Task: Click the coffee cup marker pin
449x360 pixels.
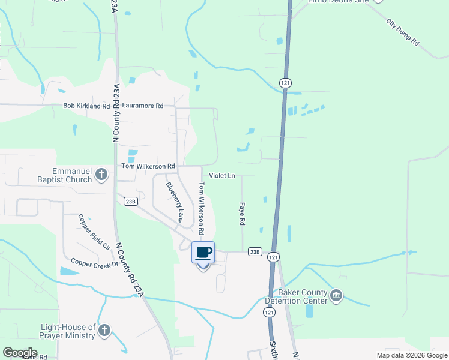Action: pos(203,253)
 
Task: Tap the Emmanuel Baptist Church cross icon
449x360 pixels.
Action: pos(101,175)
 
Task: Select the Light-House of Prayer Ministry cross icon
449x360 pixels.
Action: pos(104,331)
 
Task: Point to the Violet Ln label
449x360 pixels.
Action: pos(221,176)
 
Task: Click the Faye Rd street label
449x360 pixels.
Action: pos(243,213)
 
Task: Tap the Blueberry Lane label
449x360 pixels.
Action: pos(174,202)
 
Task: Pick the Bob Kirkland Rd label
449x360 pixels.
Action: pos(87,106)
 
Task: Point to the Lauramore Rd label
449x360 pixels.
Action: pos(142,106)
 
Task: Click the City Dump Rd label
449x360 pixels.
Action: pos(402,33)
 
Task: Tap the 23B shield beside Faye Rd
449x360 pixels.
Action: pos(255,251)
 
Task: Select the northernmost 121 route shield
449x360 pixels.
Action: pos(285,82)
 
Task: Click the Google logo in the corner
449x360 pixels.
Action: pos(20,352)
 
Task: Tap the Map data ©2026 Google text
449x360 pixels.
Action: pos(411,355)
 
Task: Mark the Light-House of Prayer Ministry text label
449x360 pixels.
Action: pos(68,331)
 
